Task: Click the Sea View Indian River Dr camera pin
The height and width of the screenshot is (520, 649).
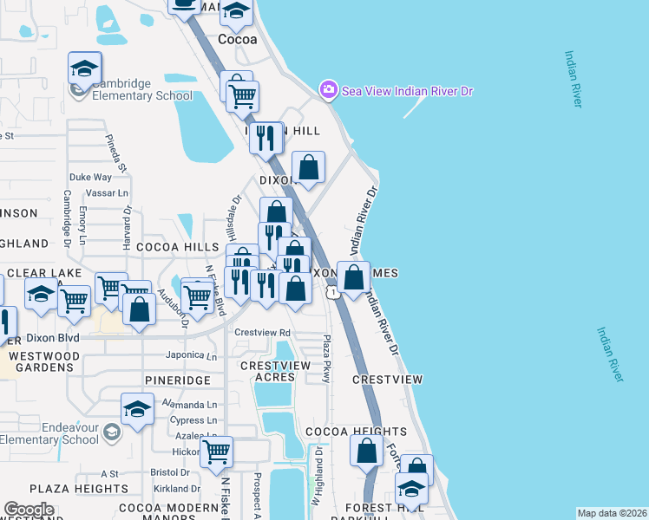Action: click(x=328, y=89)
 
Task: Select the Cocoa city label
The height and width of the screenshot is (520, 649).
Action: click(x=237, y=40)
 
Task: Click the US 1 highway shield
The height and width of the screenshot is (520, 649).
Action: click(x=333, y=293)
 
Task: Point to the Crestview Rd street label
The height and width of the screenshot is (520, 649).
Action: click(x=262, y=333)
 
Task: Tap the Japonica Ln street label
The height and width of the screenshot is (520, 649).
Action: click(x=191, y=355)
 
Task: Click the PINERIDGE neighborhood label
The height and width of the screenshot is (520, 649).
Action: click(x=178, y=380)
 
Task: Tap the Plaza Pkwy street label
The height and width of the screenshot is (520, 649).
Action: click(x=327, y=356)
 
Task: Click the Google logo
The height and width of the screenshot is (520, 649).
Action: click(x=29, y=510)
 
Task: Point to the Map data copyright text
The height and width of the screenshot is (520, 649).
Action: click(x=612, y=513)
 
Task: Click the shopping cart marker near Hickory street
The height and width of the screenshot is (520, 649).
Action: click(x=216, y=451)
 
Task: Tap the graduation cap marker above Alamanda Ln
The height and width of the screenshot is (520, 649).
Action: click(x=137, y=409)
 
